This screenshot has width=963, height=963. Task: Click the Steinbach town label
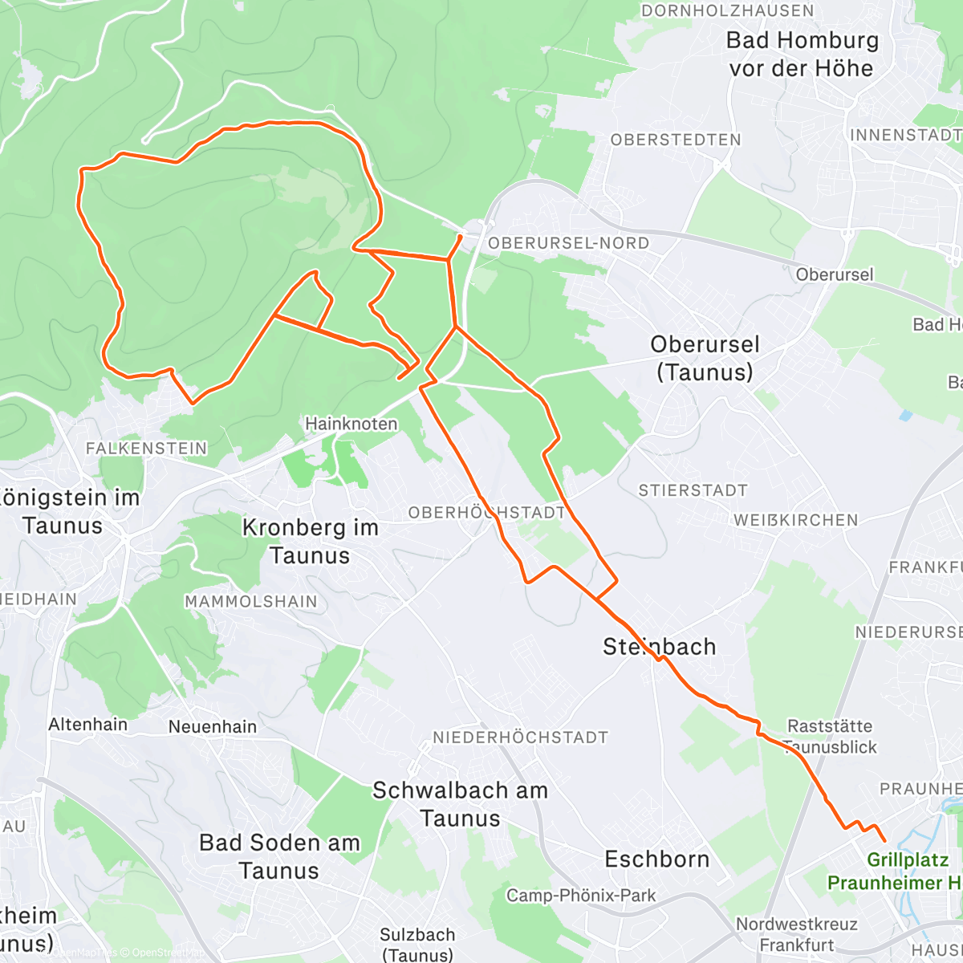[659, 647]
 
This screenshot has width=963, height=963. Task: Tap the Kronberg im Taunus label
[310, 542]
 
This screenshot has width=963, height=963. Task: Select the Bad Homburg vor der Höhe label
[802, 54]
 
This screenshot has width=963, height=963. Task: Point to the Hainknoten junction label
[351, 424]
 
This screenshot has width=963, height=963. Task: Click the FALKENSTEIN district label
[146, 449]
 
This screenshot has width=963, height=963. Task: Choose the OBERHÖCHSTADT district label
[486, 513]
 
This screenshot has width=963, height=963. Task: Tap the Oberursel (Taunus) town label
[705, 358]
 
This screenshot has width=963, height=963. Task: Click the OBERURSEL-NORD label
[568, 242]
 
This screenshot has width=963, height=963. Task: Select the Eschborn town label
[656, 859]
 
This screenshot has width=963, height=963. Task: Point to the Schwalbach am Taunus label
[460, 804]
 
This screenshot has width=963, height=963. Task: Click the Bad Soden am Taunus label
[279, 856]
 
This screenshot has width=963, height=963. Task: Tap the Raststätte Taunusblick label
[830, 737]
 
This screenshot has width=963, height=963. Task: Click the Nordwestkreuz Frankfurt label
[797, 935]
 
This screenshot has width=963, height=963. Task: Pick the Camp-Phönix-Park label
[581, 896]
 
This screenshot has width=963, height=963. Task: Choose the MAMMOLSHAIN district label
[251, 602]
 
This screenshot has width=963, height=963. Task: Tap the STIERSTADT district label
[693, 490]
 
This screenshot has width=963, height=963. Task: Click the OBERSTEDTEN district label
[676, 140]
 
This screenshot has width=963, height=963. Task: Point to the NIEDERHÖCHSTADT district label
[520, 737]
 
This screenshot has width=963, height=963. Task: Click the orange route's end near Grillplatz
[884, 840]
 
